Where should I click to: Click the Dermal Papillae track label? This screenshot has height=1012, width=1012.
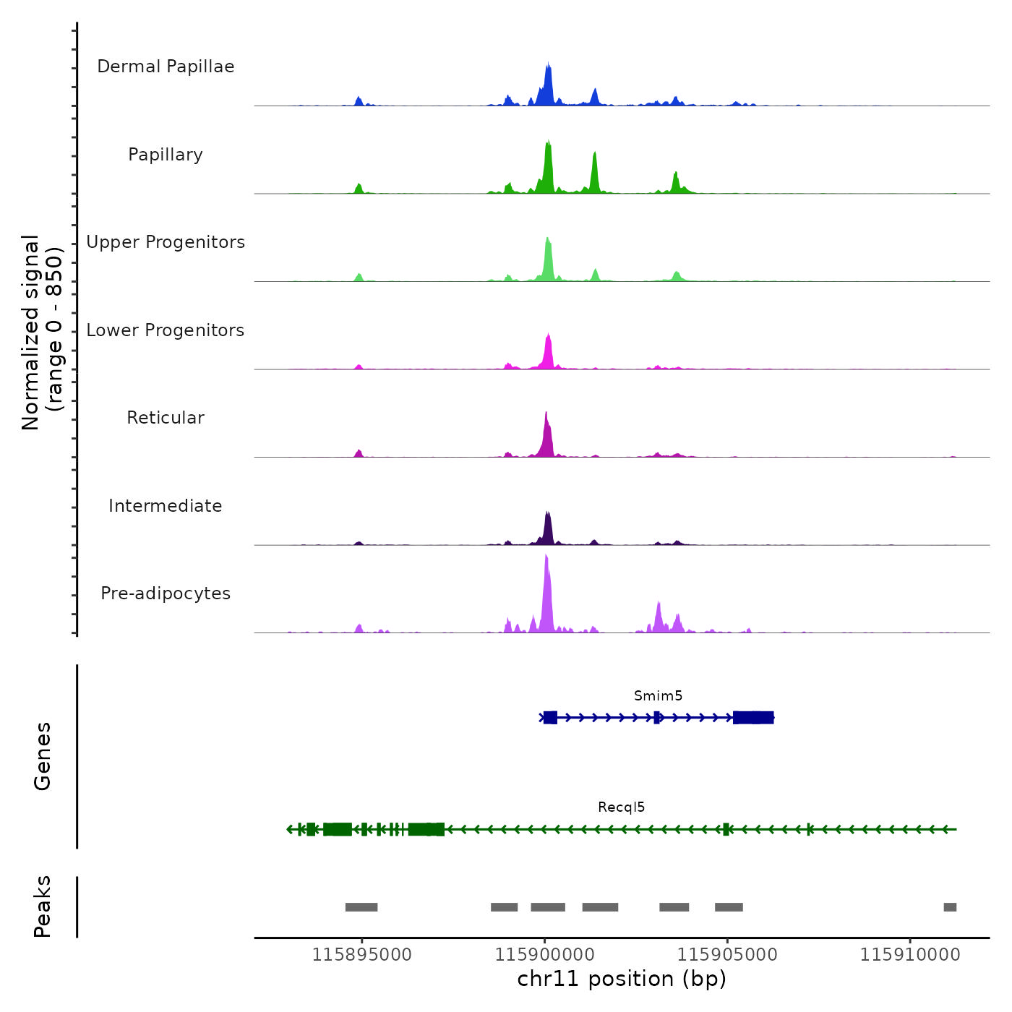pos(166,67)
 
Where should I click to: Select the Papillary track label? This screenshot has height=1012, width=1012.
pos(166,155)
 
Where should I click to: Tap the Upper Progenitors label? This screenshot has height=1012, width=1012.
pos(166,242)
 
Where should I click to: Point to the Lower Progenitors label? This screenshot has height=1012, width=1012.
pos(166,330)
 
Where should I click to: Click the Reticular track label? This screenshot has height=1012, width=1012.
pos(166,418)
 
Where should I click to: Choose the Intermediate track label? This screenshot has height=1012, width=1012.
pos(166,506)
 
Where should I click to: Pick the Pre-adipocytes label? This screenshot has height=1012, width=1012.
pos(166,593)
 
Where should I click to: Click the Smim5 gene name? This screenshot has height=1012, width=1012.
pos(658,695)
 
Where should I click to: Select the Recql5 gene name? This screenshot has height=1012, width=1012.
pos(621,807)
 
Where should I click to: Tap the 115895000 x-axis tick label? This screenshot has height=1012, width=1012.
pos(361,954)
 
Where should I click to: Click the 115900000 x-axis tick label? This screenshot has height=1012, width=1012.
pos(544,954)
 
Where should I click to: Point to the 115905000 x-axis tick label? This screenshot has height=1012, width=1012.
pos(727,954)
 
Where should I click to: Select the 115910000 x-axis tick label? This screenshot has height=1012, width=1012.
pos(910,954)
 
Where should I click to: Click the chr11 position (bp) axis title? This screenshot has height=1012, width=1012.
pos(622,979)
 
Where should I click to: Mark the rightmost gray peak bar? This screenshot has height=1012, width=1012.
pos(950,907)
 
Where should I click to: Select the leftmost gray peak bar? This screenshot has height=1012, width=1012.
pos(361,907)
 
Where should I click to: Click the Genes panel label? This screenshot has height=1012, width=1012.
pos(42,756)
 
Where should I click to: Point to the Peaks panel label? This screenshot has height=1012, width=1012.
pos(42,906)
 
